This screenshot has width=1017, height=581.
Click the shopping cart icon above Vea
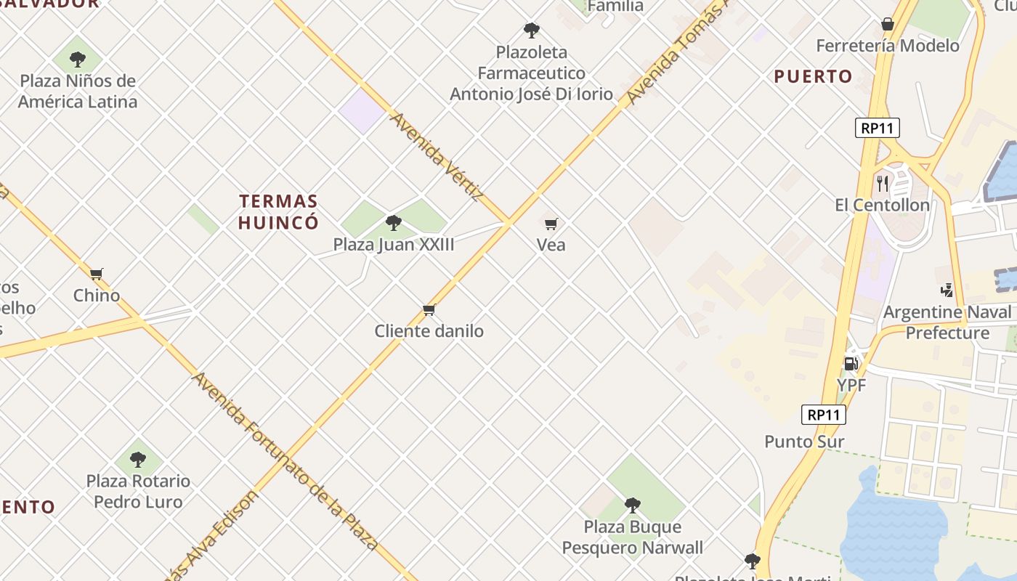[x=551, y=224]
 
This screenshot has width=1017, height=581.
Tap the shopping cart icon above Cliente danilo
[x=429, y=310]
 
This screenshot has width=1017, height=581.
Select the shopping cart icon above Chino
[x=97, y=274]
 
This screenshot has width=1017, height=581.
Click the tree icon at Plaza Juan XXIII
[x=394, y=222]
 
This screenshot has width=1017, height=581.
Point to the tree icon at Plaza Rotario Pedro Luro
[x=138, y=459]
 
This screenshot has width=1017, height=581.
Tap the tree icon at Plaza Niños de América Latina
[x=78, y=59]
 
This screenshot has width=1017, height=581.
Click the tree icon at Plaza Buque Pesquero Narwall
[x=633, y=505]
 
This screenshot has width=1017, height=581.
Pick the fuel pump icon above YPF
[x=851, y=362]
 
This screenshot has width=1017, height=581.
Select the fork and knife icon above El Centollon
[x=883, y=183]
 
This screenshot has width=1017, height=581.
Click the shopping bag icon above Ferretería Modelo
[x=887, y=24]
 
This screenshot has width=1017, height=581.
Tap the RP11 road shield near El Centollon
[x=878, y=129]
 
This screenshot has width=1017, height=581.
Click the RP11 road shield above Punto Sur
[x=824, y=415]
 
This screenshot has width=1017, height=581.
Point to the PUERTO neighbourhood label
[x=813, y=76]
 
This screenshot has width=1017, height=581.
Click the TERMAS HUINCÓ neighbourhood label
[x=279, y=211]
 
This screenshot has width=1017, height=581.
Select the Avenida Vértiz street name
[x=437, y=156]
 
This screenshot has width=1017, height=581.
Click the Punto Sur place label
[x=804, y=442]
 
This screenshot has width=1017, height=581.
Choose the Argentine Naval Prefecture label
[x=947, y=322]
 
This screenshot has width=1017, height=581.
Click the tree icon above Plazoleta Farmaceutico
[x=532, y=31]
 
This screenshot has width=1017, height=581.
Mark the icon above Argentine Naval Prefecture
[x=947, y=290]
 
